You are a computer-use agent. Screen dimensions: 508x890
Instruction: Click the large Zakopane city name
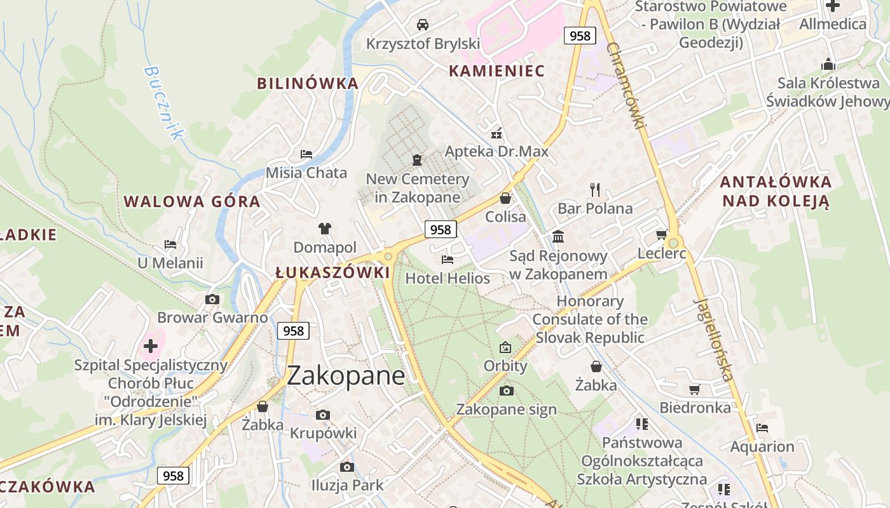[345, 375]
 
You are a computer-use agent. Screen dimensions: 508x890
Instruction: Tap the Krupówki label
[323, 433]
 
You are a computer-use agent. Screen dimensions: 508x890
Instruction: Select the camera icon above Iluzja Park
[346, 467]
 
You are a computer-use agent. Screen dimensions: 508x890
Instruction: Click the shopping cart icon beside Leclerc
[662, 234]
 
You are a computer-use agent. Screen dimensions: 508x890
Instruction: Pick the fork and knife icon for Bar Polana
[595, 189]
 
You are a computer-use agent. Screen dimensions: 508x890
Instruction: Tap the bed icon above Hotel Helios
[448, 260]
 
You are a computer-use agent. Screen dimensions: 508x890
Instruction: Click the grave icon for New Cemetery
[417, 160]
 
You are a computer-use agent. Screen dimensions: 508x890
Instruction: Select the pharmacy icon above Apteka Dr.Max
[496, 133]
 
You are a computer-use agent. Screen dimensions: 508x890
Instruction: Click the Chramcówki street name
[626, 86]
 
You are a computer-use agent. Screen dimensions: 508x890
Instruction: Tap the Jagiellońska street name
[714, 339]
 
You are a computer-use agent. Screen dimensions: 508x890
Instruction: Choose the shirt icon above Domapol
[325, 228]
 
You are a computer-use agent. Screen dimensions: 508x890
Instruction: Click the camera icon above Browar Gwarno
[212, 299]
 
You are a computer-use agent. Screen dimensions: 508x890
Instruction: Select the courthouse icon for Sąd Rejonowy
[558, 237]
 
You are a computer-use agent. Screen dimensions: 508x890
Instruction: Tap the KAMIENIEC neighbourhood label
[497, 70]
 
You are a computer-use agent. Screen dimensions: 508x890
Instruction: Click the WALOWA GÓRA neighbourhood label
[192, 202]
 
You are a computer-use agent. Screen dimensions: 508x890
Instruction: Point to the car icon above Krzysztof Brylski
[422, 25]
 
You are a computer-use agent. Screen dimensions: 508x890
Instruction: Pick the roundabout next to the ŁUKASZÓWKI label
[388, 257]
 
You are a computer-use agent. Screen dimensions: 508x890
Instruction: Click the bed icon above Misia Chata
[306, 154]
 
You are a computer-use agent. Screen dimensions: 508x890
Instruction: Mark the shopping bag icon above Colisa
[505, 198]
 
